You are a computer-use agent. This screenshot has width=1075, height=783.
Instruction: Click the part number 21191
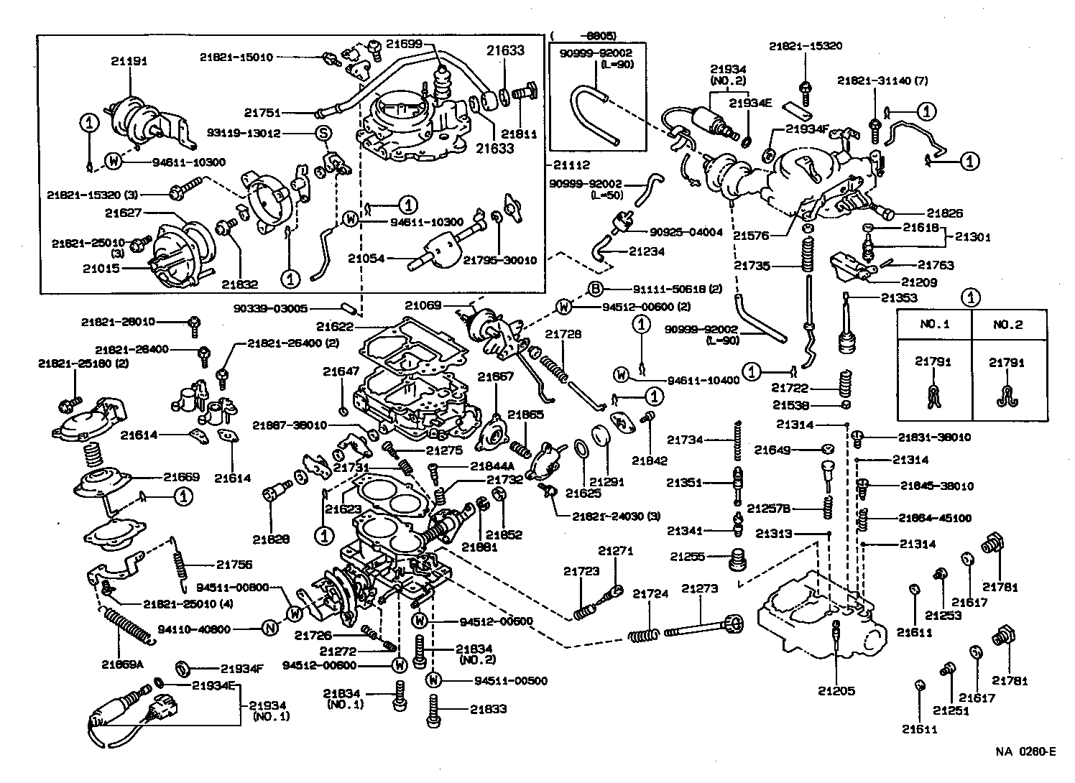(129, 61)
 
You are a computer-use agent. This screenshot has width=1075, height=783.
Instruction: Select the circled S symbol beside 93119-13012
(323, 133)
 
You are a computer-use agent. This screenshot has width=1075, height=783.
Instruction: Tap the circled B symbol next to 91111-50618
(596, 289)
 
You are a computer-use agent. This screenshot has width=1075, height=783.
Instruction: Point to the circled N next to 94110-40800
(269, 629)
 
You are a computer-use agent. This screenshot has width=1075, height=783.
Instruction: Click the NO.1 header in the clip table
(935, 324)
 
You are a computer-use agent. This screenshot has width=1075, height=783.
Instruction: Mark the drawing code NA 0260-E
(1025, 752)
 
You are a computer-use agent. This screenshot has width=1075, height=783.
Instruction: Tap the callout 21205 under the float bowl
(836, 692)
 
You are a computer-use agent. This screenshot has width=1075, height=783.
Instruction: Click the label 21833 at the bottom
(489, 709)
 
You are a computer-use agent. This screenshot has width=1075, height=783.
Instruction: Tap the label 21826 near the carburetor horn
(944, 213)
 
